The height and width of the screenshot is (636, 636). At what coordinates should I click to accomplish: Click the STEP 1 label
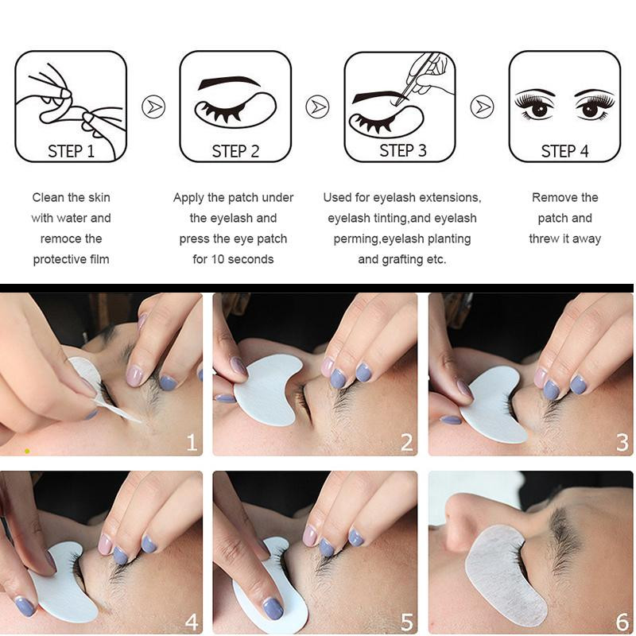(x=71, y=151)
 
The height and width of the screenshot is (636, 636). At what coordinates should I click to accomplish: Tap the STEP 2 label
(x=235, y=151)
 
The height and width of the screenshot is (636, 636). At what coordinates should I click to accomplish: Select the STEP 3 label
(x=403, y=150)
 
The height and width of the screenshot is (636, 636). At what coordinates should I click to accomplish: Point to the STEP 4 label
(x=564, y=151)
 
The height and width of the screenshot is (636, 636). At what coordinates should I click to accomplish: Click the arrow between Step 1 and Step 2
(x=153, y=107)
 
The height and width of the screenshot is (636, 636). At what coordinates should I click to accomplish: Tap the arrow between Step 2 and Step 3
(x=317, y=107)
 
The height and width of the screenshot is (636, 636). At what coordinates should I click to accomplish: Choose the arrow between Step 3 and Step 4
(x=482, y=107)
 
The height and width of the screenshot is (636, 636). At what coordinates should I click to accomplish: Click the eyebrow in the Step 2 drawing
(x=228, y=82)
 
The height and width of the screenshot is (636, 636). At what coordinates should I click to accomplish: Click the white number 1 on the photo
(x=192, y=442)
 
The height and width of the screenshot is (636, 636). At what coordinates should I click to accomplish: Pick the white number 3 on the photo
(x=622, y=442)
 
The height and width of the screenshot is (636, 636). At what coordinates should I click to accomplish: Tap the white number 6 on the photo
(x=622, y=622)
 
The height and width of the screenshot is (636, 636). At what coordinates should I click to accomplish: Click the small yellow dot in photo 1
(x=27, y=451)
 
